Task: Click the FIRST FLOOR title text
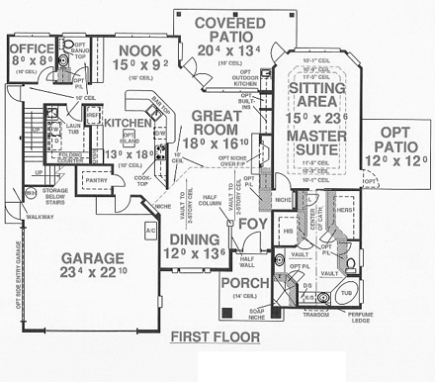215,337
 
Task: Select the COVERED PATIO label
227,23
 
